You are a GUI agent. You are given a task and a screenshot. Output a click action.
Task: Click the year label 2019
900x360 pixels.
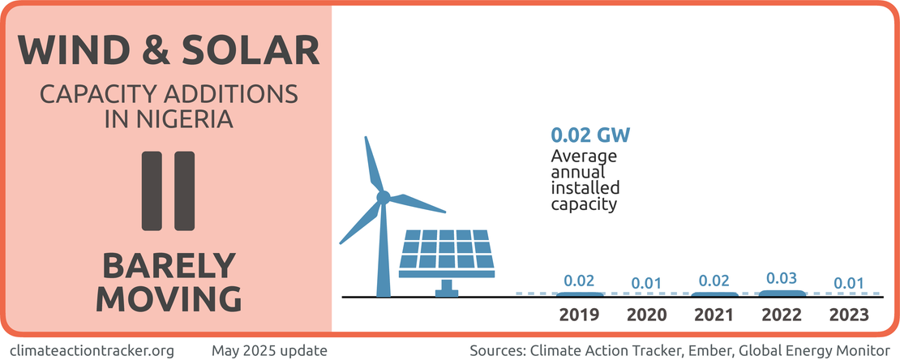[579, 315]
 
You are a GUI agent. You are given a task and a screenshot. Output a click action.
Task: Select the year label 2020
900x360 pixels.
[647, 315]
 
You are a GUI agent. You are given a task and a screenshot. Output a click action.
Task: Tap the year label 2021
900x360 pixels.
[714, 315]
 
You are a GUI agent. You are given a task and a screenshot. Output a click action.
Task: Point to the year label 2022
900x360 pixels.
[782, 315]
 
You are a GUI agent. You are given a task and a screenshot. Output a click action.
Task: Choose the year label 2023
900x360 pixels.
[849, 315]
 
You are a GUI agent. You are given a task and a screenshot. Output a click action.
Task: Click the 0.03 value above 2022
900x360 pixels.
[782, 278]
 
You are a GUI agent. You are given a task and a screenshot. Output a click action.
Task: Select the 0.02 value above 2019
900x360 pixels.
[579, 281]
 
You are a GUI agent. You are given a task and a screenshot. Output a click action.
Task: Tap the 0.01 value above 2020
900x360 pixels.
[647, 283]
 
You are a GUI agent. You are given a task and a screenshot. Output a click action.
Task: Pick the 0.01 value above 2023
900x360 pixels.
[849, 283]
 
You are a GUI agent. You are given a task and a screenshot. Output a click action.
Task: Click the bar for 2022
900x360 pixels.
[782, 292]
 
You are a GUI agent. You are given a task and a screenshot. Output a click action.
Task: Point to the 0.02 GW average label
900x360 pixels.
[590, 134]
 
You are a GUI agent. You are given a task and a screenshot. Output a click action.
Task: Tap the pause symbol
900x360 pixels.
[168, 190]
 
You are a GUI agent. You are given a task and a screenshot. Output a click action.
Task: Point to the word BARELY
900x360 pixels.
[168, 266]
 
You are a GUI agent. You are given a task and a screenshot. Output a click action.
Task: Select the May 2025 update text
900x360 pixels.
[269, 350]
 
